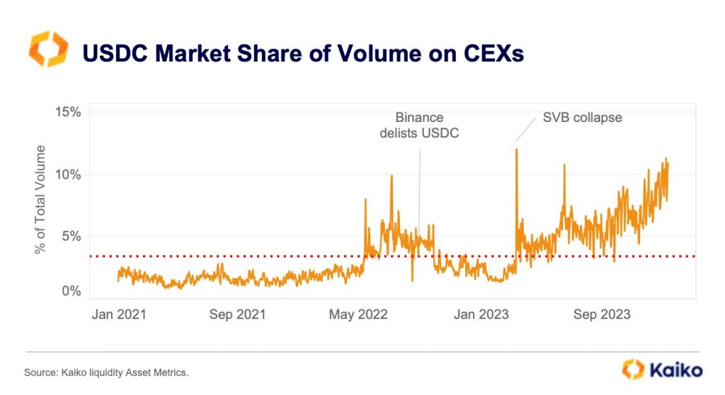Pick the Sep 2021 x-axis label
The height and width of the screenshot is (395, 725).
tap(237, 314)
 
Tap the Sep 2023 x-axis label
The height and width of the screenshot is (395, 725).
tap(602, 314)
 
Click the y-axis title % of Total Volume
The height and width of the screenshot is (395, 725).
tap(40, 199)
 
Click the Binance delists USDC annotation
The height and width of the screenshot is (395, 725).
tap(419, 125)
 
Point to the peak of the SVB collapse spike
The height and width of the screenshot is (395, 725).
tap(516, 149)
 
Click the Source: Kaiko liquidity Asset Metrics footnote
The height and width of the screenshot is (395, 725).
tap(106, 372)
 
